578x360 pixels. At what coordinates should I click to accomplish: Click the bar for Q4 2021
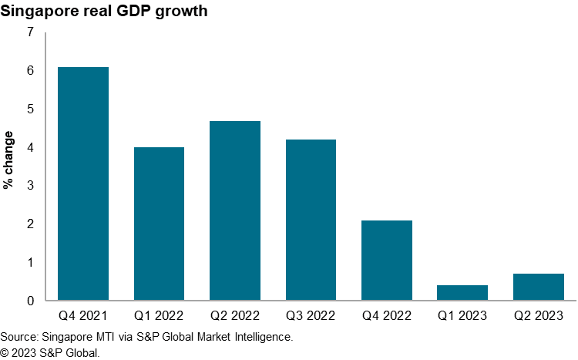[x=83, y=183]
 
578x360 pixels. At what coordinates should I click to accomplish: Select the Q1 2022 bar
[x=159, y=224]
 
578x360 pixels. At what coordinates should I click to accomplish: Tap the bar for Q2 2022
[x=235, y=210]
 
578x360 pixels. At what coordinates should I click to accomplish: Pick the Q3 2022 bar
[x=311, y=220]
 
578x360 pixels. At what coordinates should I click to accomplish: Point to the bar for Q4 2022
[x=387, y=260]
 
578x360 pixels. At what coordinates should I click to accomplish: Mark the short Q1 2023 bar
[x=462, y=293]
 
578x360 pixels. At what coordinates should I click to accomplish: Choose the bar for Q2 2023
[x=539, y=287]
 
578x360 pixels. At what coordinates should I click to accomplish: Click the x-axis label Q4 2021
[x=83, y=317]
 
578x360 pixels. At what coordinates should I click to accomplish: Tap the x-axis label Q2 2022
[x=235, y=317]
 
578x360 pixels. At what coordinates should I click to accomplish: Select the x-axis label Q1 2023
[x=462, y=317]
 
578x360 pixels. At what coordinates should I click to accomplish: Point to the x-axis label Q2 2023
[x=539, y=317]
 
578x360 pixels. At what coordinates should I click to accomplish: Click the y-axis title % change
[x=8, y=162]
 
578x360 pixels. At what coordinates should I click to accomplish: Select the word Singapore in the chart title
[x=38, y=12]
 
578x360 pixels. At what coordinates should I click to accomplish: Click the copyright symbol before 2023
[x=6, y=352]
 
